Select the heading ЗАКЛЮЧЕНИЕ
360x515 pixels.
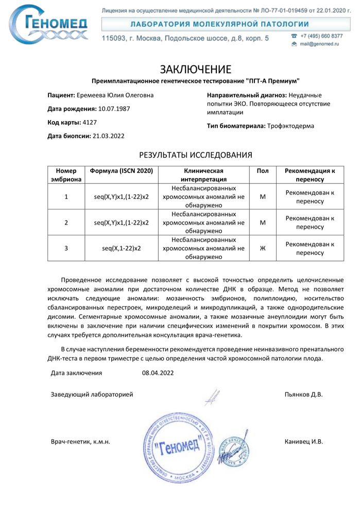point(195,70)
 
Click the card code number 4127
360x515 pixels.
point(90,123)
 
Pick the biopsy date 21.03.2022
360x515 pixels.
point(108,136)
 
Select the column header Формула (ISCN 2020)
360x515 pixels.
point(122,170)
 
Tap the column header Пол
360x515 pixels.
point(262,170)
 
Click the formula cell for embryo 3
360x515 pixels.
point(122,248)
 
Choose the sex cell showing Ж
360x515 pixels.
point(262,248)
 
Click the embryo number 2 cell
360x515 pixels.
point(66,222)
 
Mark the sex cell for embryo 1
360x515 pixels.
point(262,197)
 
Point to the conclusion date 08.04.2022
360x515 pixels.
point(158,373)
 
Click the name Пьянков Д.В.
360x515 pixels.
point(303,394)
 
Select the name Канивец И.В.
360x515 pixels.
point(303,442)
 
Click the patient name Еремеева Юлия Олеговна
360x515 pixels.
point(114,95)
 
